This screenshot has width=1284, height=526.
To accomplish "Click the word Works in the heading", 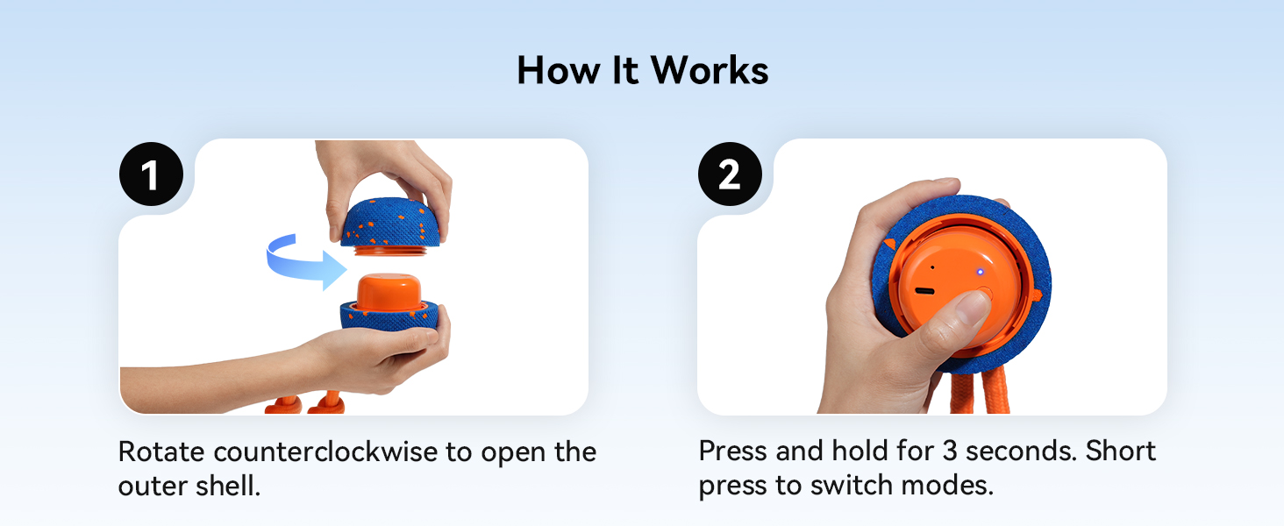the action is pyautogui.click(x=710, y=70).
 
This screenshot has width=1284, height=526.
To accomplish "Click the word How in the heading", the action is pyautogui.click(x=560, y=70).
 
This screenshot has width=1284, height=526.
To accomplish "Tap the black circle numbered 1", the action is pyautogui.click(x=152, y=174).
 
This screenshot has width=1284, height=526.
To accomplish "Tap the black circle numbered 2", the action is pyautogui.click(x=730, y=174).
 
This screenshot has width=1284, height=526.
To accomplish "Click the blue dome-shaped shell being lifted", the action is pyautogui.click(x=391, y=223).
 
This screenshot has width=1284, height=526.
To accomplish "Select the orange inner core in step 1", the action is pyautogui.click(x=389, y=292).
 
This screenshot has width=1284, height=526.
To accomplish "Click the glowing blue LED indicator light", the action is pyautogui.click(x=981, y=272).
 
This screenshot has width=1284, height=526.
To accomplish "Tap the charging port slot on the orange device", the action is pyautogui.click(x=924, y=291).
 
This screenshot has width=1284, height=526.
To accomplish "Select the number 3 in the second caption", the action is pyautogui.click(x=950, y=451).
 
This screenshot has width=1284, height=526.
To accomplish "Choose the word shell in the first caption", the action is pyautogui.click(x=227, y=486).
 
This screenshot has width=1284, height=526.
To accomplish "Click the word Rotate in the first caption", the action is pyautogui.click(x=161, y=451).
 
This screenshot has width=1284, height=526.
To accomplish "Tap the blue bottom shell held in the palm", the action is pyautogui.click(x=389, y=316).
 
